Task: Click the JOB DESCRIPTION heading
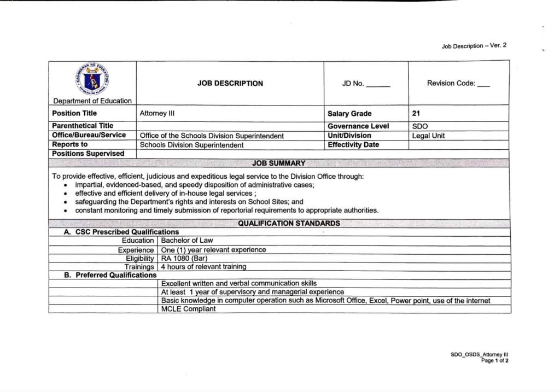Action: click(230, 84)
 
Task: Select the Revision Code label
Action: click(451, 84)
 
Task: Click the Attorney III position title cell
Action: click(157, 114)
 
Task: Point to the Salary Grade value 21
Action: click(416, 114)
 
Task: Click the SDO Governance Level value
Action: click(420, 126)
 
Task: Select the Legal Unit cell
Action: click(428, 136)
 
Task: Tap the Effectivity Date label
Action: click(353, 145)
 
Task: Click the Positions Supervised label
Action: click(88, 154)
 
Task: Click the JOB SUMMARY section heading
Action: click(279, 163)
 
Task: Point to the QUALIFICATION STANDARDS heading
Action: click(289, 223)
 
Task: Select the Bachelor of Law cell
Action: click(187, 241)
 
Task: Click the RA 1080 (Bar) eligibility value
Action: click(184, 258)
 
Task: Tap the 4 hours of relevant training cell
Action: click(203, 267)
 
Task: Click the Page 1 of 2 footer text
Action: click(494, 361)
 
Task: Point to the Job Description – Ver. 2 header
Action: click(474, 46)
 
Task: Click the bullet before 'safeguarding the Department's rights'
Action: click(66, 202)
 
